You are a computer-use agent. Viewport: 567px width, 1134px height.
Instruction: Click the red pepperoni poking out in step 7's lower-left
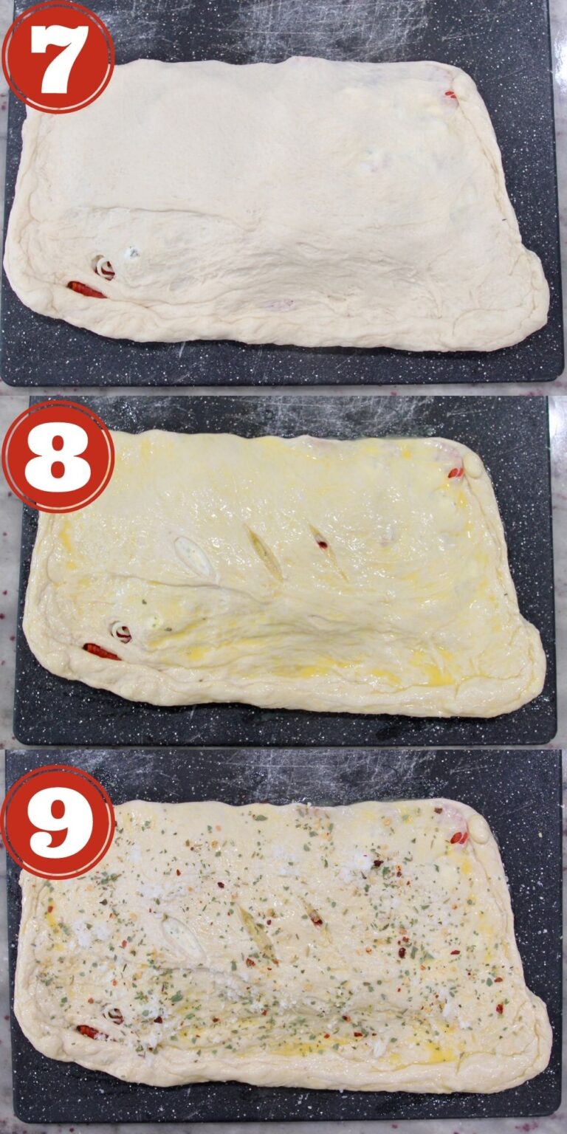tap(86, 289)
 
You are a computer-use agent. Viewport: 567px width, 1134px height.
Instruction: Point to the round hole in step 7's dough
tap(104, 267)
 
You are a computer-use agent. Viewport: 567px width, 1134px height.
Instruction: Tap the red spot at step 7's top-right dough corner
tap(450, 95)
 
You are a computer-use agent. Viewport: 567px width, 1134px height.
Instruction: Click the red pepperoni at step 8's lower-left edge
tap(101, 651)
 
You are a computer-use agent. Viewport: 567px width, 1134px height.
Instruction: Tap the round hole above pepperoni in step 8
tap(121, 631)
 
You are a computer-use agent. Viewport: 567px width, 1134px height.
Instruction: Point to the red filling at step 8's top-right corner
tap(456, 472)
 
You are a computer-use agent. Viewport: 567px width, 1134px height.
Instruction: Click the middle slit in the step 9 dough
tap(256, 932)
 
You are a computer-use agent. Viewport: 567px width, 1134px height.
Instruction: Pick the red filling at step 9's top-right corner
tap(458, 836)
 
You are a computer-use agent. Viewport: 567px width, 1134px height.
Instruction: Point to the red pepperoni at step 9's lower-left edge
tap(90, 1031)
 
